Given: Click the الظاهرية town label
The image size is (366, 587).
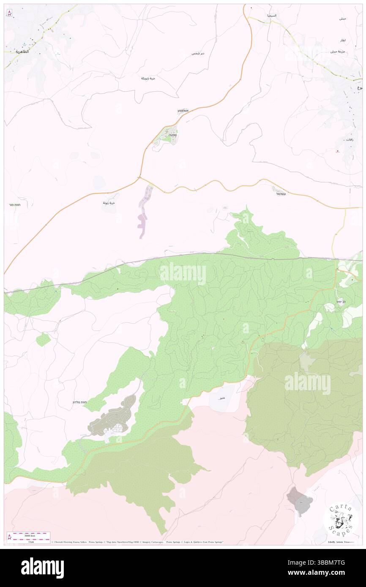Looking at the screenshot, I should [x=22, y=51].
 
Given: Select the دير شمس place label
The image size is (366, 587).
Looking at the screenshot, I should [x=198, y=54].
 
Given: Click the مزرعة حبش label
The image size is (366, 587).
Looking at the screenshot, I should [x=339, y=52].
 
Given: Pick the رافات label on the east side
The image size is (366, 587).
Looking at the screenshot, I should [x=349, y=139].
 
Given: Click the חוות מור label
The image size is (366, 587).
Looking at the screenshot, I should [x=14, y=205].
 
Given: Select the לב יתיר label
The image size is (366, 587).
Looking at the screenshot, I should [x=341, y=302].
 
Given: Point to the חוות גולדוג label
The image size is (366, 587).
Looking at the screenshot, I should [x=80, y=402].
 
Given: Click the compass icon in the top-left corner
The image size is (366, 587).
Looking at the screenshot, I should [x=9, y=13].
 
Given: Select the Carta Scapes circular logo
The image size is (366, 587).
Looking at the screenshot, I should [x=338, y=519].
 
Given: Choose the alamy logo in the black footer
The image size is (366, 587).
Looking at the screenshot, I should [x=42, y=568].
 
